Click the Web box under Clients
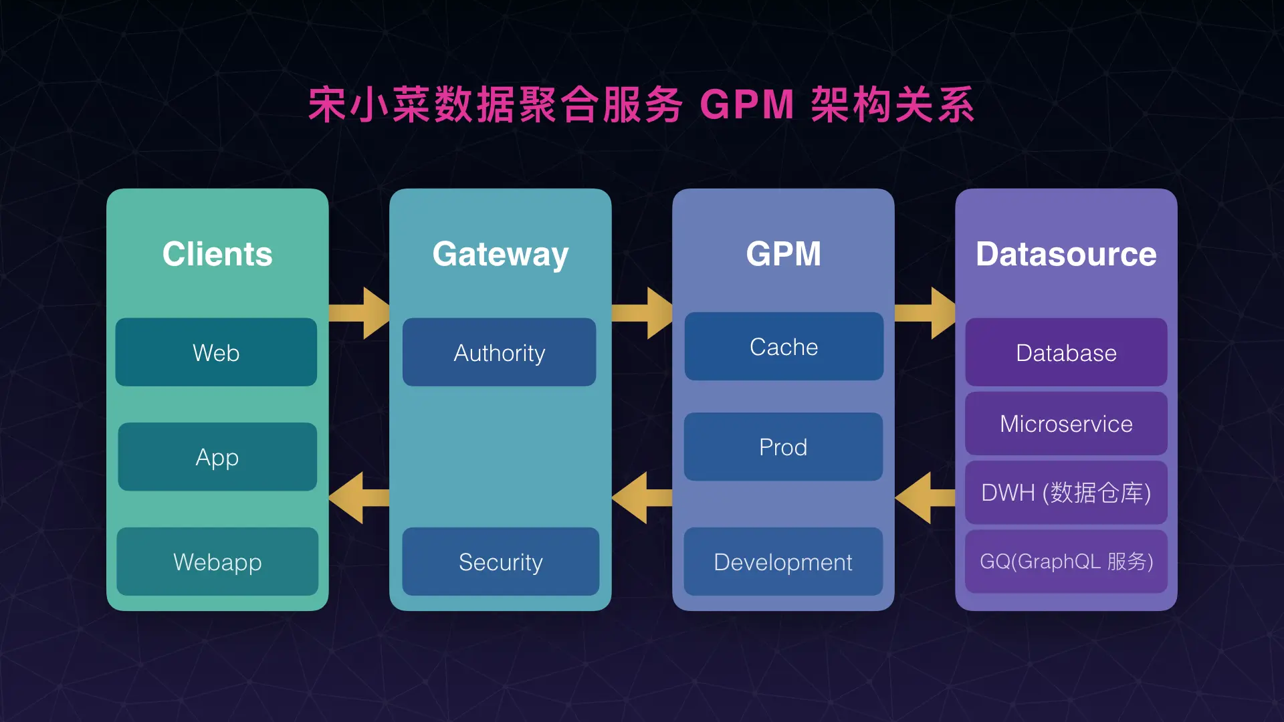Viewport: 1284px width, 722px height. point(216,352)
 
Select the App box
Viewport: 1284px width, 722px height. point(217,457)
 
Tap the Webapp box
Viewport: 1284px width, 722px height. point(217,562)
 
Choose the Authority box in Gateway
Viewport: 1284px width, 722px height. point(500,352)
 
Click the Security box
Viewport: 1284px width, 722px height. point(500,562)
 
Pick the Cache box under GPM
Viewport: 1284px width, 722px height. point(784,346)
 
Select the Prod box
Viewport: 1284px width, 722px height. point(783,447)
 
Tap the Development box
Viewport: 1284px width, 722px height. point(783,562)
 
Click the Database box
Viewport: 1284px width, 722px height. point(1066,352)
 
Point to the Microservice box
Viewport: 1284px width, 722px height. point(1066,424)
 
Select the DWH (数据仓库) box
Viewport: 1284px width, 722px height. point(1066,493)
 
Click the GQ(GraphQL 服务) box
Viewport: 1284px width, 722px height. point(1066,562)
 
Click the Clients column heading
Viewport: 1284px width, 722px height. point(217,254)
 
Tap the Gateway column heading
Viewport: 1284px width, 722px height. point(500,254)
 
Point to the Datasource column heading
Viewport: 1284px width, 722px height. point(1066,254)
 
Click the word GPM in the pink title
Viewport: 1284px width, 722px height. point(746,105)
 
